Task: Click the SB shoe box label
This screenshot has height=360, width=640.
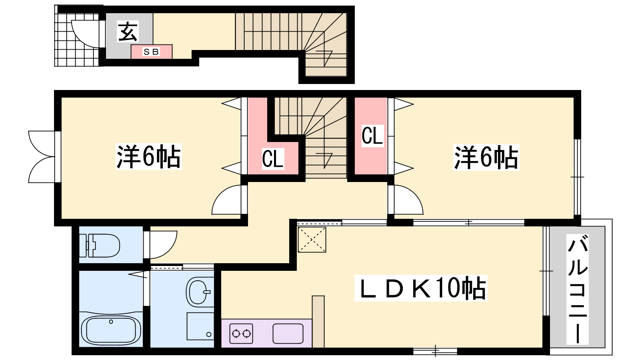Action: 151,52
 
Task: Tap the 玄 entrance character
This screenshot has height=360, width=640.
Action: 128,32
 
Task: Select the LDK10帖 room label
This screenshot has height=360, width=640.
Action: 420,288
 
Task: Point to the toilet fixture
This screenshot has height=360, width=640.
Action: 100,246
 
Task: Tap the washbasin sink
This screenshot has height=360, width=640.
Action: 199,292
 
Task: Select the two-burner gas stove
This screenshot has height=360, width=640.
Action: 242,334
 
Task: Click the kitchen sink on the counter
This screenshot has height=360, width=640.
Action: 288,334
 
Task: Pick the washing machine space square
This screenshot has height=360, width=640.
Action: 200,326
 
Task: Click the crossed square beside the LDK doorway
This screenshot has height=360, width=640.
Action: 312,240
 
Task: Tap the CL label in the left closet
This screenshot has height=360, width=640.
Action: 272,159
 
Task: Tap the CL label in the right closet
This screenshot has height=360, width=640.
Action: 372,136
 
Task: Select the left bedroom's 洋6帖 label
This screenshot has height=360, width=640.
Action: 148,157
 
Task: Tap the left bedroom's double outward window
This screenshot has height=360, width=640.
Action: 43,156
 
